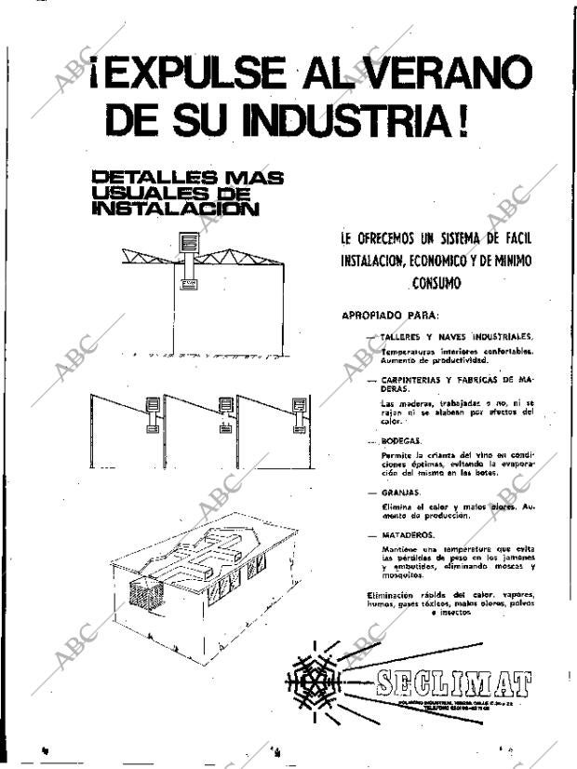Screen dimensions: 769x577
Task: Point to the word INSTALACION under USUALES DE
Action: coord(175,209)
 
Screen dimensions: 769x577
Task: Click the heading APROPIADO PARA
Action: coord(384,316)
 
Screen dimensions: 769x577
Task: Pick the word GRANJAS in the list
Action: coord(402,491)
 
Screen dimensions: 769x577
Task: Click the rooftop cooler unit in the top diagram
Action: coord(190,245)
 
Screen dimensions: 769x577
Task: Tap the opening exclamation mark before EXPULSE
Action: coord(96,75)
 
